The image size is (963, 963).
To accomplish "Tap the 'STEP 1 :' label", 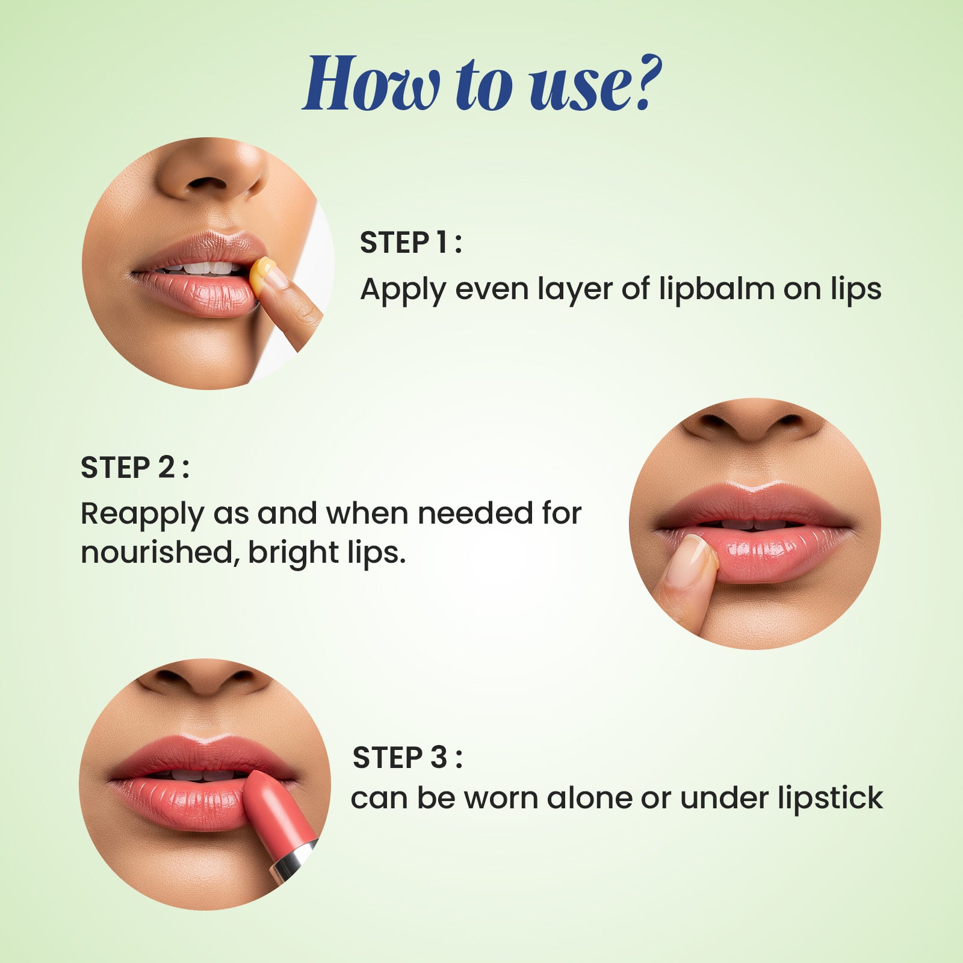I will [x=410, y=243].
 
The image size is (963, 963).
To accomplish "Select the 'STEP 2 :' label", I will [x=135, y=468].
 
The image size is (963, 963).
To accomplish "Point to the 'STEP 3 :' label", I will [x=407, y=757].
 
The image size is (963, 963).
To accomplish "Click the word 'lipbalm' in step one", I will [x=716, y=289].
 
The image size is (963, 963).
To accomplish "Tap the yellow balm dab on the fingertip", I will [x=261, y=276].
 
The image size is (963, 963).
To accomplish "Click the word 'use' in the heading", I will [x=578, y=84].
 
